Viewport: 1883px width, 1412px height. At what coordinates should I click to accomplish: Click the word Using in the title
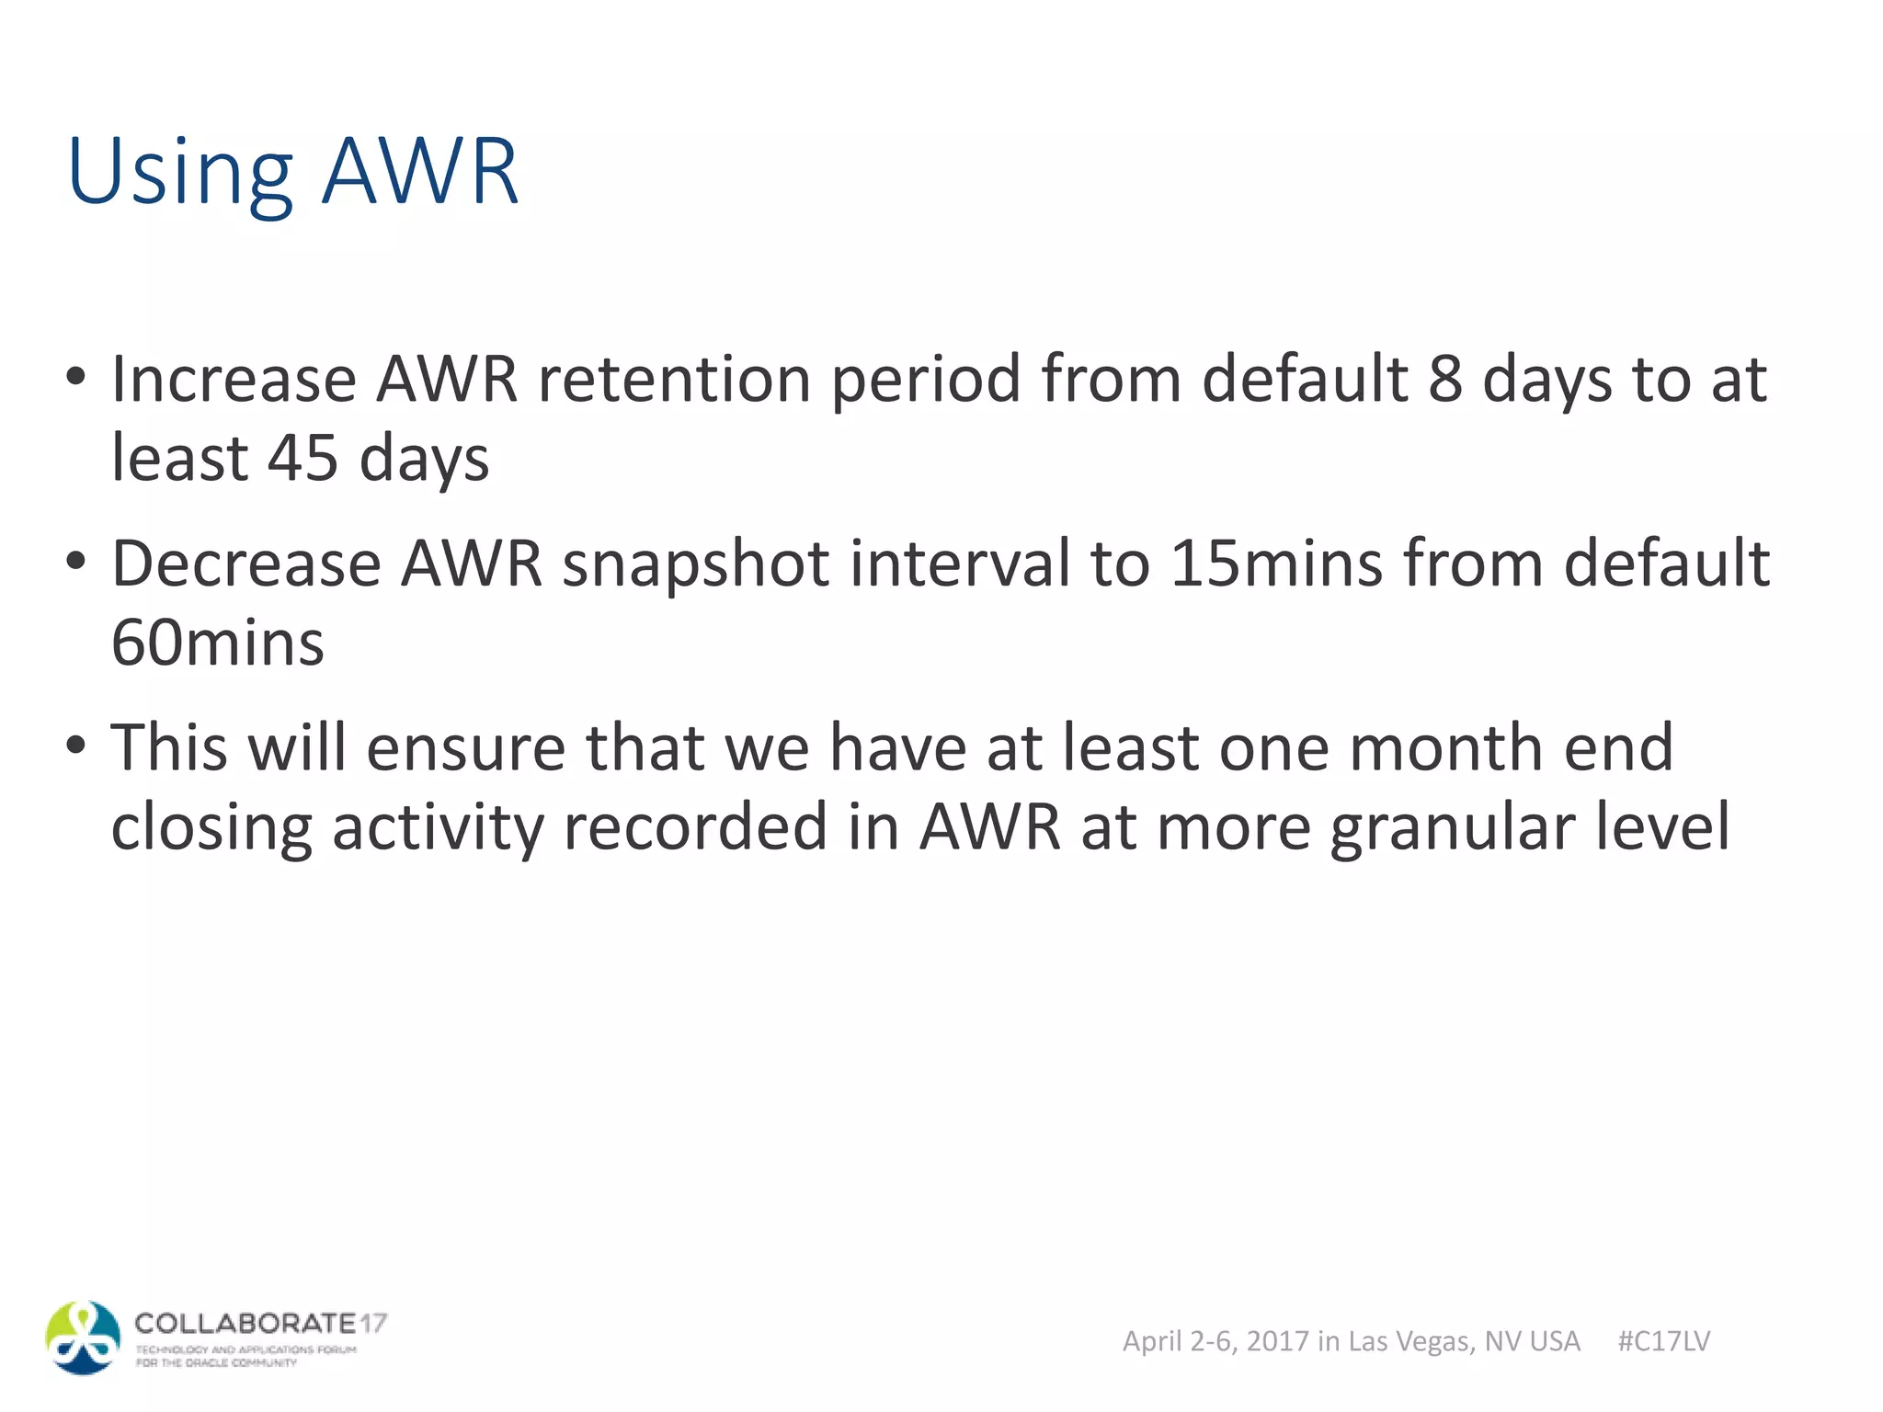tap(179, 173)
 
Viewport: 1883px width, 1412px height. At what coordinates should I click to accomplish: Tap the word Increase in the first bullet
tap(234, 379)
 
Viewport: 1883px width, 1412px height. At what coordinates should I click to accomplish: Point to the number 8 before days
tap(1445, 379)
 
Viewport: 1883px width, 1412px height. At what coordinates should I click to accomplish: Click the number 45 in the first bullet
tap(302, 458)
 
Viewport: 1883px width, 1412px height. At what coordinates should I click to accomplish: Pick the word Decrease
tap(246, 564)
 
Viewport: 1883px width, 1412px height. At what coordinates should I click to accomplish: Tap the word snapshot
tap(696, 564)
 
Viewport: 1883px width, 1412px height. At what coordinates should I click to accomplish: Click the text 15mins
tap(1276, 564)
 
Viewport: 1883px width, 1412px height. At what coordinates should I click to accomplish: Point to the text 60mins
tap(218, 643)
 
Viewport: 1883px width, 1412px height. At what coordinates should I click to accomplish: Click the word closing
tap(211, 827)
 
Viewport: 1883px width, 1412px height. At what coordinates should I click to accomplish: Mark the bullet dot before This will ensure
tap(76, 743)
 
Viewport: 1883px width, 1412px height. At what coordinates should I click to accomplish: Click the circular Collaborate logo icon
tap(83, 1338)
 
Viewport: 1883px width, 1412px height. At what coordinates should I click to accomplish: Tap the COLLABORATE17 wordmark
tap(260, 1324)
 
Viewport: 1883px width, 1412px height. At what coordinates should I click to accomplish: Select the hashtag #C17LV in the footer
tap(1663, 1341)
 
